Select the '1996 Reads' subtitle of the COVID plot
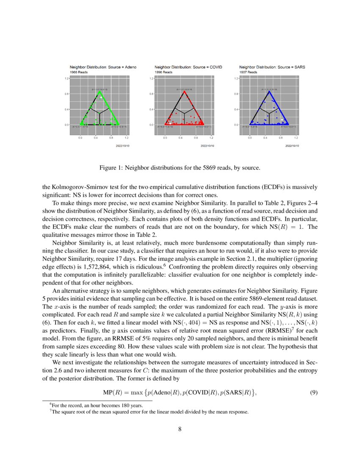[163, 72]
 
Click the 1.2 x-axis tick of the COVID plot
[211, 138]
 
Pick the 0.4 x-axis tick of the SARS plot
[265, 138]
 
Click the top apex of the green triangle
[100, 91]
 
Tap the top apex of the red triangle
[184, 91]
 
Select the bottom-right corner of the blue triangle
[288, 125]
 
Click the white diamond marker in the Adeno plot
[101, 97]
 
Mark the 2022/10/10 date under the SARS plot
[292, 146]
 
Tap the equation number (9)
[313, 392]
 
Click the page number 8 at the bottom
[180, 429]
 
